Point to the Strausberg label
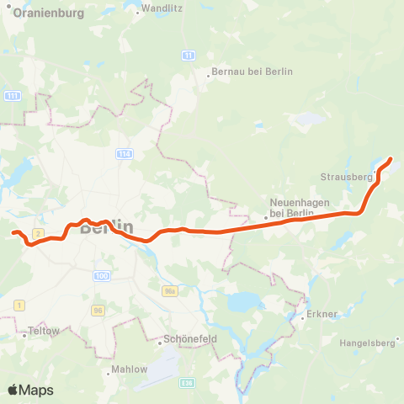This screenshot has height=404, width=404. click(x=346, y=177)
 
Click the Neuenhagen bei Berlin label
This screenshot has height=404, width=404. click(x=291, y=207)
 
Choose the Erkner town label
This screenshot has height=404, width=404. click(x=323, y=314)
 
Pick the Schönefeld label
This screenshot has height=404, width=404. click(x=187, y=343)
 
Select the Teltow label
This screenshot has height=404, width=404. click(x=44, y=332)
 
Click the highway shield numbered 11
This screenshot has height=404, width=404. click(x=189, y=55)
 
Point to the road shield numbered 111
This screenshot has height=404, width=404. click(x=12, y=97)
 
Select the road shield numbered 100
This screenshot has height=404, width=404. click(x=102, y=276)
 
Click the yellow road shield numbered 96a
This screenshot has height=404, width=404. click(x=170, y=290)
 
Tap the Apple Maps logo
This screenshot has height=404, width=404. click(x=30, y=390)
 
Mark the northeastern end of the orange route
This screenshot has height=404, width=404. click(x=391, y=158)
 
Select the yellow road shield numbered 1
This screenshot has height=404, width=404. click(x=19, y=304)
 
